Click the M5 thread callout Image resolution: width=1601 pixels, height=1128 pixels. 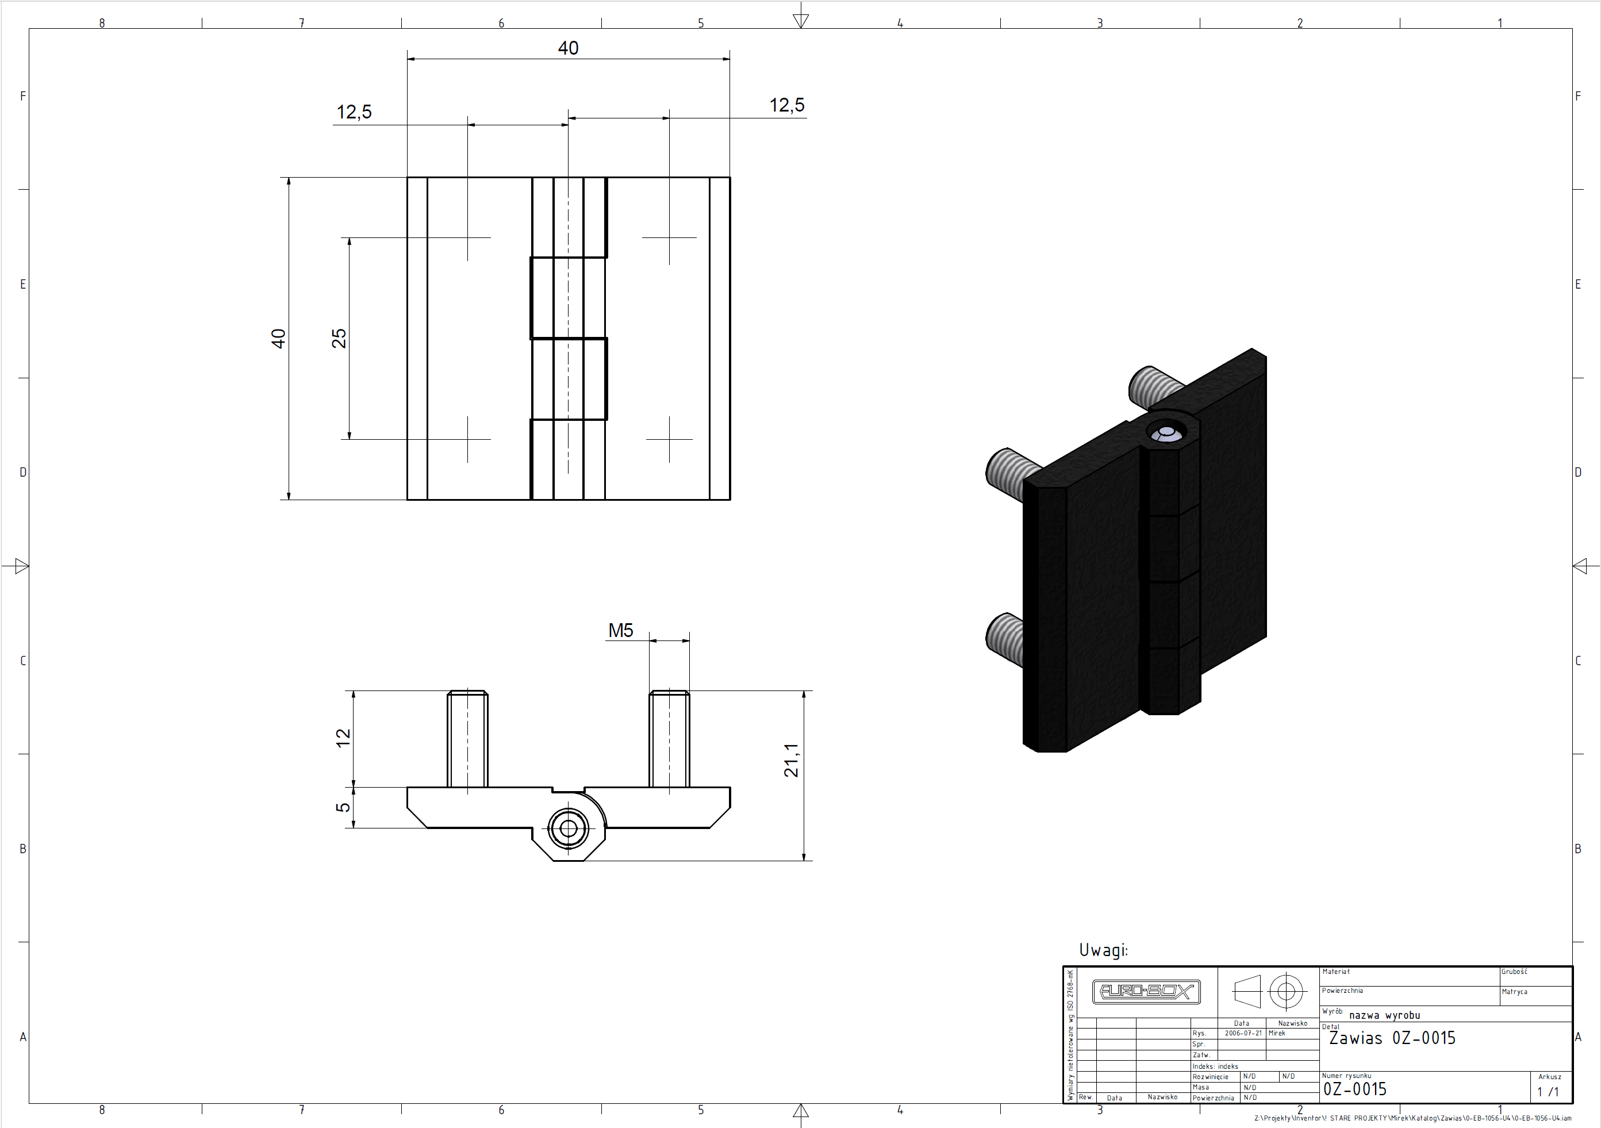(621, 630)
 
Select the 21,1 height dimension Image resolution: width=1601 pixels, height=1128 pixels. (791, 760)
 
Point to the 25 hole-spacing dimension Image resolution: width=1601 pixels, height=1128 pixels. (339, 338)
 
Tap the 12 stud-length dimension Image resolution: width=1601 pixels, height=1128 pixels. (343, 738)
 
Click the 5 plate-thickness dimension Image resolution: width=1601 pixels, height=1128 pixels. (343, 807)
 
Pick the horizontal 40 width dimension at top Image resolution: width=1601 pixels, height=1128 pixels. (569, 48)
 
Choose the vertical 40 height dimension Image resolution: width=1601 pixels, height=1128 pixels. (278, 339)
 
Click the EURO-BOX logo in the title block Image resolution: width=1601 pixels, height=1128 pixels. (1146, 991)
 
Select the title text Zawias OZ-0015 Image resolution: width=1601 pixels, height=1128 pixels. (1392, 1038)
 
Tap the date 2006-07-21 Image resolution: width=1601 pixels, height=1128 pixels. (1243, 1033)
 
